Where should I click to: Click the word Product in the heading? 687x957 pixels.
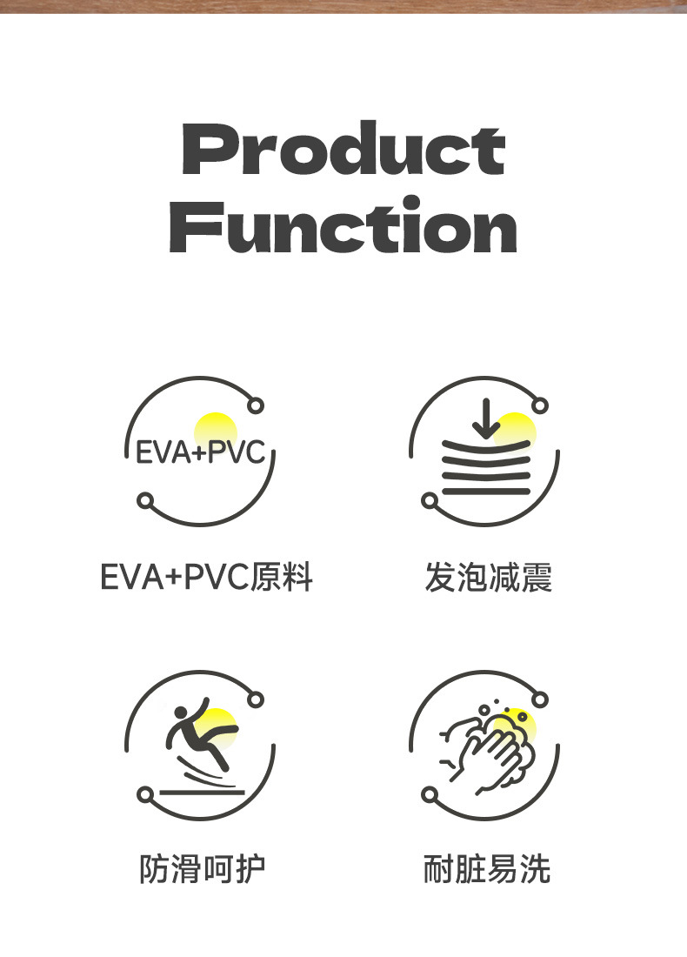343,150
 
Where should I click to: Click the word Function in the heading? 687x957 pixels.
343,226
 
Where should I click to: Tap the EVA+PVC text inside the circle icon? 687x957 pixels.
200,453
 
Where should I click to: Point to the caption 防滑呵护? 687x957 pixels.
202,869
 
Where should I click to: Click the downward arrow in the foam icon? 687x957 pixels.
485,418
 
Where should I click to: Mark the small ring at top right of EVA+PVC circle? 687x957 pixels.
256,405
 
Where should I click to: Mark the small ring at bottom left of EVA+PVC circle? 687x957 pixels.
145,500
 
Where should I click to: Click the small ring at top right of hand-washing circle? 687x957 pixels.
540,699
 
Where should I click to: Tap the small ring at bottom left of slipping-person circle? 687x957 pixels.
145,794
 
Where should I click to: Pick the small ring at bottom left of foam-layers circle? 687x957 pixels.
430,500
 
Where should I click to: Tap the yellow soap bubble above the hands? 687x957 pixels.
504,725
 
